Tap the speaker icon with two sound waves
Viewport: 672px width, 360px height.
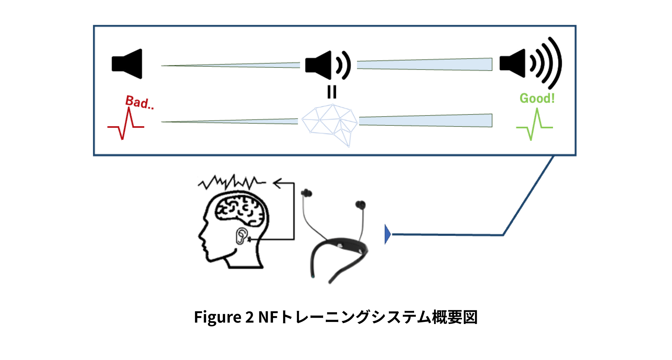(327, 65)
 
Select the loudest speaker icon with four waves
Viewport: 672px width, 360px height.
(530, 63)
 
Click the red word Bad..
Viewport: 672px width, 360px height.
(139, 102)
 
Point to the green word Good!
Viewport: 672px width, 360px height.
(537, 98)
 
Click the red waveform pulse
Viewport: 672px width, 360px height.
(126, 124)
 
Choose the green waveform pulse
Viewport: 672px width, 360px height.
(534, 125)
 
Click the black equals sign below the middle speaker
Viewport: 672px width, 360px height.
(331, 92)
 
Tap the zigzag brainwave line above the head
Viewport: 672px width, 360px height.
(231, 182)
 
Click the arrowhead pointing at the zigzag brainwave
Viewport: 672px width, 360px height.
(278, 183)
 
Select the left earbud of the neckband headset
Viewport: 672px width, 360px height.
(306, 193)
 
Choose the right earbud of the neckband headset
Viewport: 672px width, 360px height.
(360, 205)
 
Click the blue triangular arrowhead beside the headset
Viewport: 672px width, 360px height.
(387, 234)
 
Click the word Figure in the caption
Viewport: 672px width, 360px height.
(217, 317)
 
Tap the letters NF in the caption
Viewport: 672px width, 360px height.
(268, 317)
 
